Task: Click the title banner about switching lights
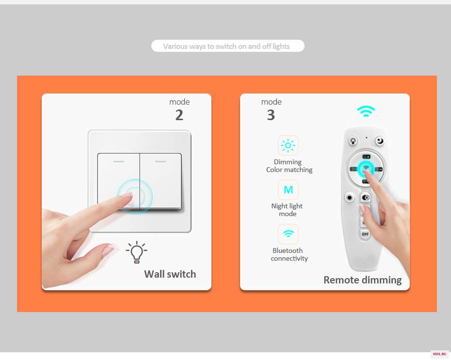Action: click(227, 46)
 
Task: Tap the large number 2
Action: click(179, 115)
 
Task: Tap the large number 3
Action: click(271, 115)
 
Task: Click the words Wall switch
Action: click(170, 274)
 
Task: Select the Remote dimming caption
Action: click(362, 280)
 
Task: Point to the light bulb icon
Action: click(137, 252)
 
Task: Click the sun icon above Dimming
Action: click(288, 145)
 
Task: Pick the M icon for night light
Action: click(288, 189)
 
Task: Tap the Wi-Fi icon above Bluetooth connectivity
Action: click(288, 234)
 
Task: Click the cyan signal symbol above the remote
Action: click(366, 111)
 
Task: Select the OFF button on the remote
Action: click(365, 234)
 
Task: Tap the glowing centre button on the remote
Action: click(366, 169)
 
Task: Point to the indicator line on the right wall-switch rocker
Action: click(161, 161)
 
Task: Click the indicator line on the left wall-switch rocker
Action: click(119, 161)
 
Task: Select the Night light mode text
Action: click(287, 210)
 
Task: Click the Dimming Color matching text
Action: click(289, 166)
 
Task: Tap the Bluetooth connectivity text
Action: click(289, 254)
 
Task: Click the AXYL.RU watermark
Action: click(439, 354)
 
